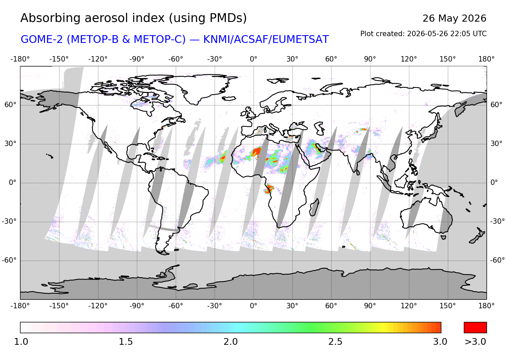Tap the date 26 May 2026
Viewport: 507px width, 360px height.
click(x=454, y=18)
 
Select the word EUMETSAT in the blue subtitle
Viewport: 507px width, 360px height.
click(x=300, y=40)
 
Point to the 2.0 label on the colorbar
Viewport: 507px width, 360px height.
click(x=231, y=342)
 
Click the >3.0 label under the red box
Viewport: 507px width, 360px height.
click(x=475, y=342)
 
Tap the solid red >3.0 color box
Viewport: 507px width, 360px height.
click(x=475, y=328)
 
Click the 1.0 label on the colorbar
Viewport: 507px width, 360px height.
click(x=21, y=342)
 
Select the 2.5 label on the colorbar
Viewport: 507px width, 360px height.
click(x=335, y=342)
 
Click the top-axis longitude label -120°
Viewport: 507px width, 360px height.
click(x=98, y=59)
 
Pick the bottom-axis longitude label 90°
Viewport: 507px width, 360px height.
click(x=370, y=306)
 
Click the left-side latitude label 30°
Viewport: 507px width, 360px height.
click(x=10, y=144)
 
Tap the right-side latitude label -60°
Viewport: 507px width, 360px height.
click(x=497, y=260)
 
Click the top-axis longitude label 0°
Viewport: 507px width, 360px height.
click(x=254, y=59)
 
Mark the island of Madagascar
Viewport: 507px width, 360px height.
click(x=314, y=207)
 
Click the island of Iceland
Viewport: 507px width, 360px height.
click(x=229, y=98)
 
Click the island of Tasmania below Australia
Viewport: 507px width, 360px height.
click(x=443, y=237)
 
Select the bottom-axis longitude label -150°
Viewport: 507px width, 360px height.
click(x=59, y=306)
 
